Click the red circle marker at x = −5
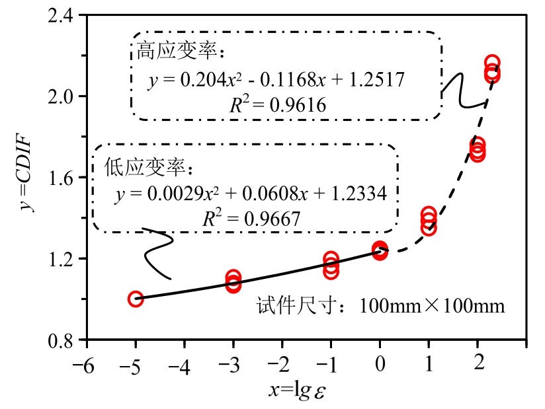click(136, 299)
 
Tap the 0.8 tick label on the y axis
click(62, 341)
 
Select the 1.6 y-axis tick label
click(62, 178)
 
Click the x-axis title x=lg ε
click(297, 390)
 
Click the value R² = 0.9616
click(277, 104)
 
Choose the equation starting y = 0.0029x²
click(251, 194)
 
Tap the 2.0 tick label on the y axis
click(62, 96)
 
